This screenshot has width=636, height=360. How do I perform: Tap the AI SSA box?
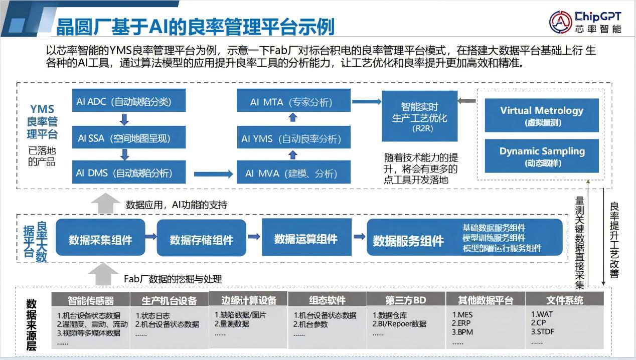point(128,137)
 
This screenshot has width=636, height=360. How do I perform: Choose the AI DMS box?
point(128,173)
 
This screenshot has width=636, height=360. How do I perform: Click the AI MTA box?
point(293,102)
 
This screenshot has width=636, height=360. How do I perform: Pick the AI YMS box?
point(293,138)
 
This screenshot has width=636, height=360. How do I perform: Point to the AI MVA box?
point(293,173)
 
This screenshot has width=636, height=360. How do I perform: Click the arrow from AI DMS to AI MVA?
point(213,174)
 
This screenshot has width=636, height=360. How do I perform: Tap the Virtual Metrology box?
point(542,115)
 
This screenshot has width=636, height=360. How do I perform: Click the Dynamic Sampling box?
point(542,155)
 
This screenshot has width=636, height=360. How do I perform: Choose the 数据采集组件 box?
point(100,240)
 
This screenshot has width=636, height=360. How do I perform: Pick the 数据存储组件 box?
point(201,240)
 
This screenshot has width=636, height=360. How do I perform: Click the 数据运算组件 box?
point(305,239)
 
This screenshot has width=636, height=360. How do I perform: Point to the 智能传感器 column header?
point(91,300)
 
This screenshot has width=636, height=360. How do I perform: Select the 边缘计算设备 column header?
point(249,300)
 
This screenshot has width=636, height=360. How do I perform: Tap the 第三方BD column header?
point(406,300)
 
